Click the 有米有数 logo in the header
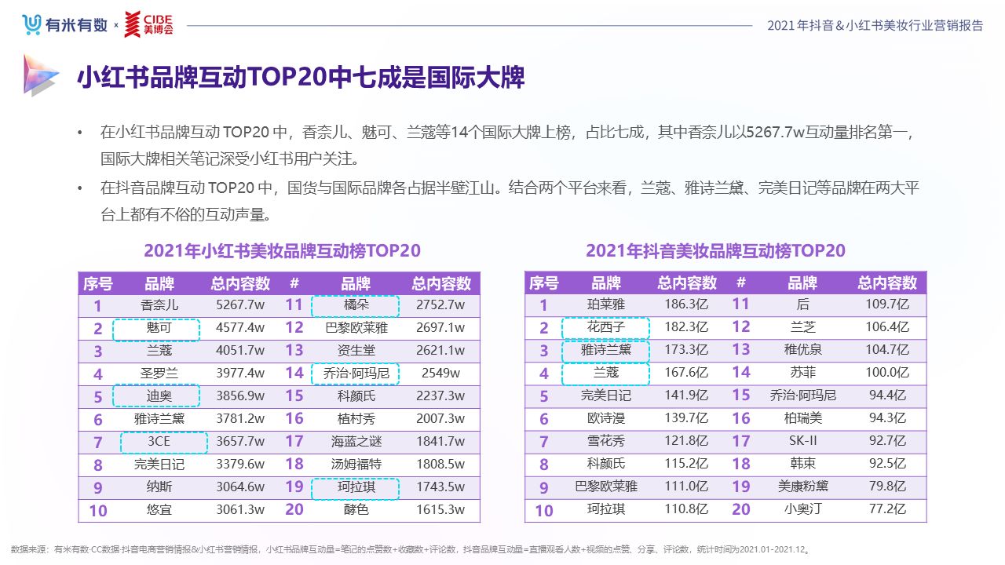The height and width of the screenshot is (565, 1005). [64, 25]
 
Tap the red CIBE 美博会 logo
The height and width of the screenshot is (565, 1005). [149, 24]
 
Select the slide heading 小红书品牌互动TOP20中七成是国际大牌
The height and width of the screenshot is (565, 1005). [300, 78]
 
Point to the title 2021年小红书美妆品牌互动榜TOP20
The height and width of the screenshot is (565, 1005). [282, 250]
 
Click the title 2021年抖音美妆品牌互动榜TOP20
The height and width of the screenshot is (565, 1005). [715, 250]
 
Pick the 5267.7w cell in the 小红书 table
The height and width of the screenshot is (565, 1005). [240, 305]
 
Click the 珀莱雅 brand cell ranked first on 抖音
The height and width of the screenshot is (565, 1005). [605, 305]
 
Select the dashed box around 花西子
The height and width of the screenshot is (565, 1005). [605, 327]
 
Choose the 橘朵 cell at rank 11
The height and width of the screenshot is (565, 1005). [356, 305]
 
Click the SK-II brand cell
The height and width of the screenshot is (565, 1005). [802, 441]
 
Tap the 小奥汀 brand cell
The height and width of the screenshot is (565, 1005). [802, 509]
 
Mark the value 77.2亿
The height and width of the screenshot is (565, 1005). [887, 509]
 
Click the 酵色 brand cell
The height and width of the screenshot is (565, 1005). [356, 509]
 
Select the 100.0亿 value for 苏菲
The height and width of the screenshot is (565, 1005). [887, 373]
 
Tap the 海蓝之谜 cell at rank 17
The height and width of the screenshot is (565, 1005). [356, 442]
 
